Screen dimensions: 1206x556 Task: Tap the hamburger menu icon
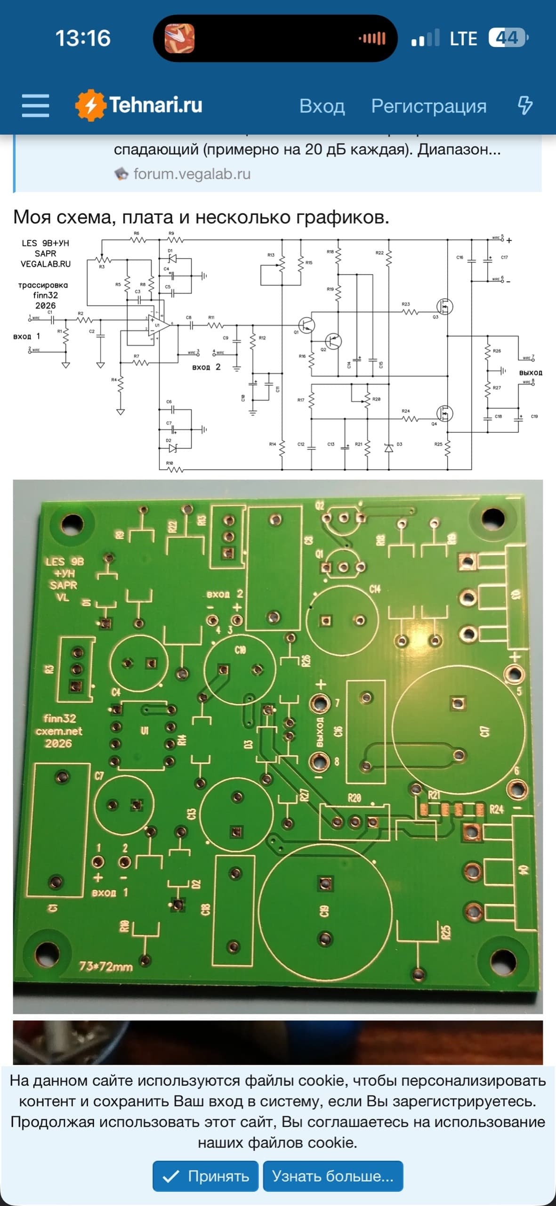coord(35,105)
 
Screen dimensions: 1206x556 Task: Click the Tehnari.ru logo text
coord(155,105)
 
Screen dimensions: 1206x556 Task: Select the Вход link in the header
coord(322,106)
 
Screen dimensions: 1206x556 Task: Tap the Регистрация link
coord(428,106)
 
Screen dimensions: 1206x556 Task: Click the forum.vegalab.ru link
coord(192,174)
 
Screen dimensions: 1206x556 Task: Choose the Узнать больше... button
coord(332,1176)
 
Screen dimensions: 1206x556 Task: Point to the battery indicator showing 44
coord(508,38)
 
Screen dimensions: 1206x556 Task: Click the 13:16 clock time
coord(83,38)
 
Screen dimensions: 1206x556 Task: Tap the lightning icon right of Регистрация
coord(525,106)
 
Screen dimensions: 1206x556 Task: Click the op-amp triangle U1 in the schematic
coord(157,325)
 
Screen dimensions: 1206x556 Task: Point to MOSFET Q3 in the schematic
coord(444,307)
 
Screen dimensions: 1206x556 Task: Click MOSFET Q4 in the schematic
coord(444,414)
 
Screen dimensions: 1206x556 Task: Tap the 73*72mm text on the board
coord(105,967)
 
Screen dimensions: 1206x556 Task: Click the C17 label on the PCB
coord(484,732)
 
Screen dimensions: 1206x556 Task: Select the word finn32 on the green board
coord(60,718)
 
